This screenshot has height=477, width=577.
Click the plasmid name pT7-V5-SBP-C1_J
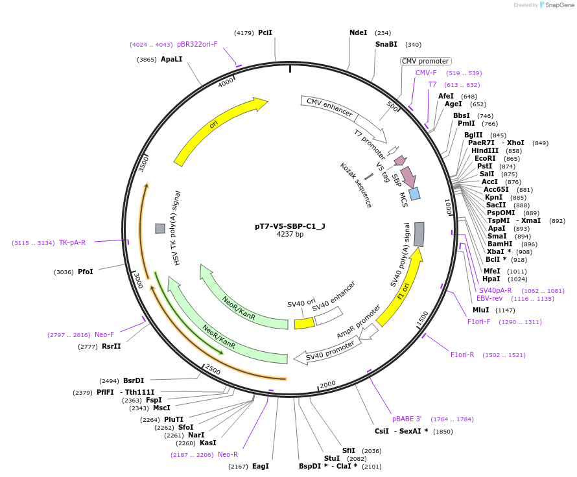coord(290,226)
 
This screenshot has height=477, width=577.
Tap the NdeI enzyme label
coord(358,32)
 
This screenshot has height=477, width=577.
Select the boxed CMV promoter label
coord(425,61)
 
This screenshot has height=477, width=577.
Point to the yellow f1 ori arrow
coord(401,286)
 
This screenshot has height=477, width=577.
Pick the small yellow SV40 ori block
coord(304,323)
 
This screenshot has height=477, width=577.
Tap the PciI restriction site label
coord(265,32)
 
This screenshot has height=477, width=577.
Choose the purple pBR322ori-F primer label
coord(197,44)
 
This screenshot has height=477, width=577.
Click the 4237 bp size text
coord(290,235)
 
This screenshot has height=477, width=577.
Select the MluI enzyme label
coord(481,310)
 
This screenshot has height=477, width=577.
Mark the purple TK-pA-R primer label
coord(72,242)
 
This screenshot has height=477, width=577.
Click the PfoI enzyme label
coord(85,272)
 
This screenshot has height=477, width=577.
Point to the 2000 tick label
coord(327,384)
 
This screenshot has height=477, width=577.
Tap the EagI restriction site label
coord(260,466)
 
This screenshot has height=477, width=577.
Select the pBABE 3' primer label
coord(406,419)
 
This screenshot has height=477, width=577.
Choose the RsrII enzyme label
coord(111,346)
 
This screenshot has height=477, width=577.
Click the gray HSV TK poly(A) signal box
coord(160,228)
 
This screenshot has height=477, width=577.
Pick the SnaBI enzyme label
coord(386,44)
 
